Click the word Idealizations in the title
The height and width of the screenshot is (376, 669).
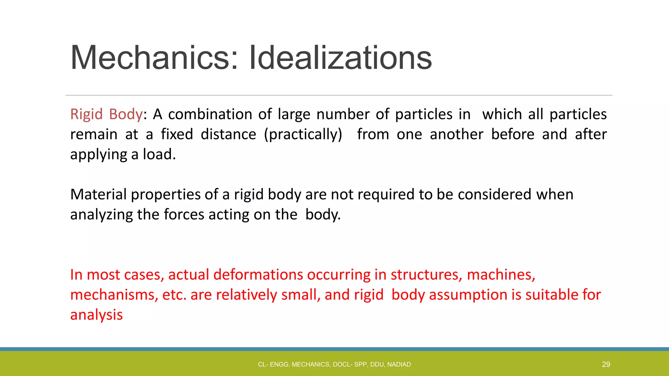[340, 58]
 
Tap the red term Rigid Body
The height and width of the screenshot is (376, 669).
[106, 114]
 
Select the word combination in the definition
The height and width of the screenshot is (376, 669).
[210, 114]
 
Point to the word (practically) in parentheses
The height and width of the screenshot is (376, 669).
[303, 134]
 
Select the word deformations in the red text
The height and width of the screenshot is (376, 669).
[258, 275]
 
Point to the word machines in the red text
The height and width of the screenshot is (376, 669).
[500, 275]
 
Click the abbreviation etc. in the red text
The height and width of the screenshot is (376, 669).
[174, 295]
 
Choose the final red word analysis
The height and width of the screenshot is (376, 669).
[96, 315]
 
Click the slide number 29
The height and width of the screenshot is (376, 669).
[606, 364]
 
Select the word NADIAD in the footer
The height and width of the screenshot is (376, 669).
[399, 365]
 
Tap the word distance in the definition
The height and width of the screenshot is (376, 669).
[228, 134]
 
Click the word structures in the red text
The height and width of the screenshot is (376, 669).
[426, 275]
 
